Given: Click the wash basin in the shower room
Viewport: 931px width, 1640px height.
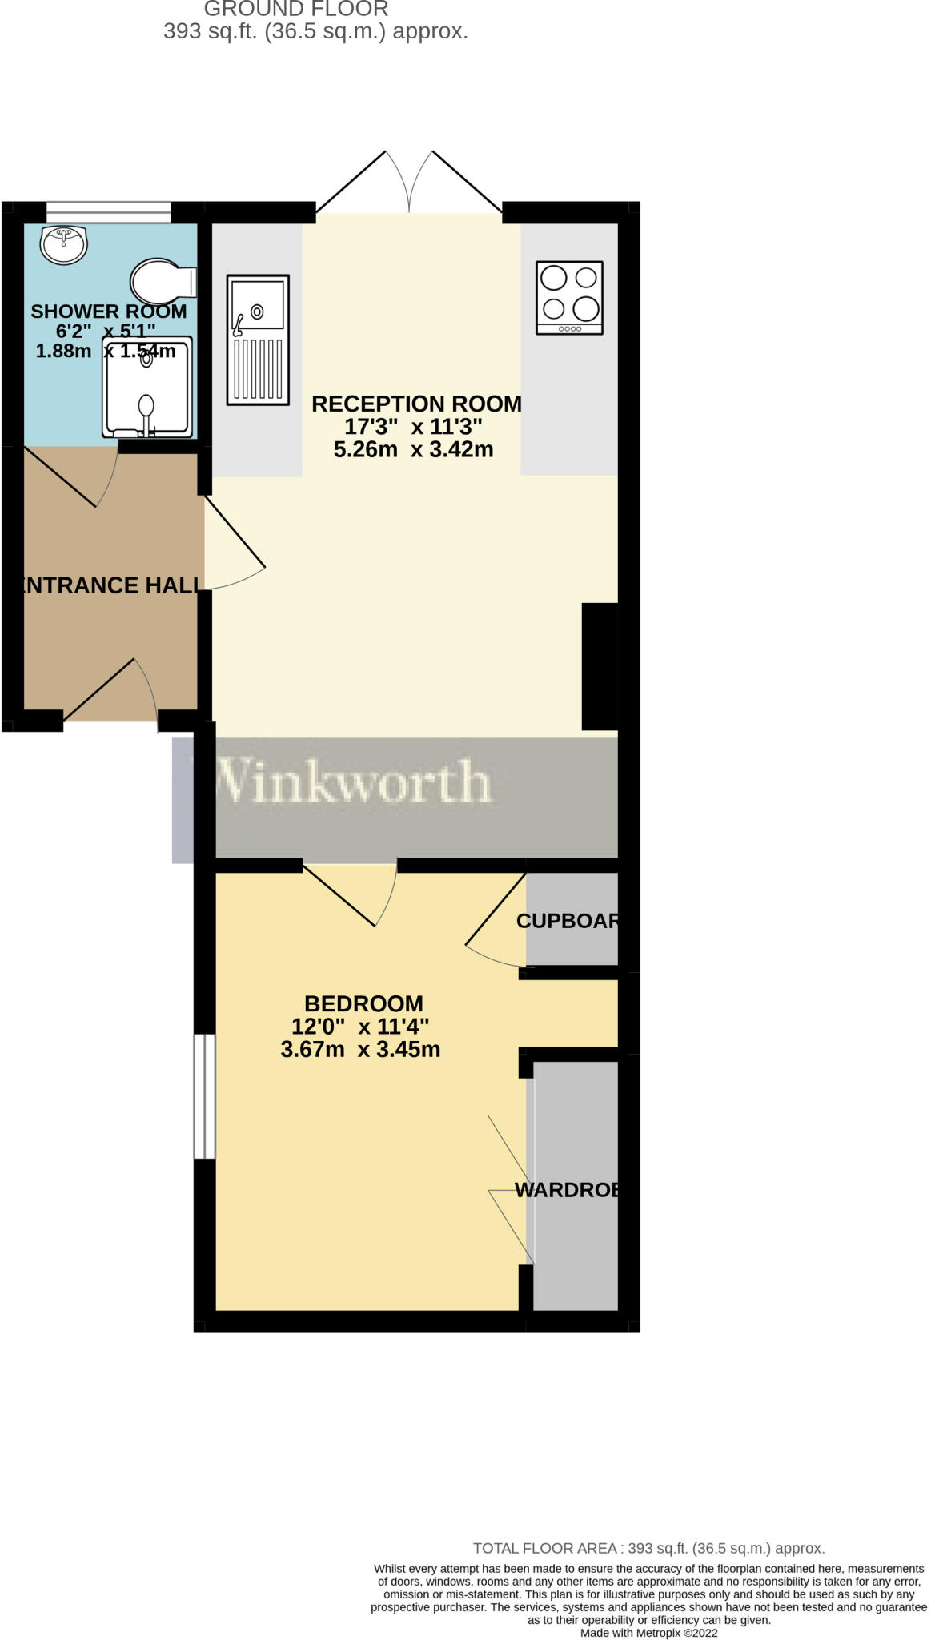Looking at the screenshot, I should (64, 244).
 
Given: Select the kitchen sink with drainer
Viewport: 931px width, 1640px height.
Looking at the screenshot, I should (258, 340).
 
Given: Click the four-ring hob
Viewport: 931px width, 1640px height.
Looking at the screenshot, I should (569, 297).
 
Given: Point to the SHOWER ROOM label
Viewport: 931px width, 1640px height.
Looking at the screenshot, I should (108, 311).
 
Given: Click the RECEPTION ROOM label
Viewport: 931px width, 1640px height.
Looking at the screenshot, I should (415, 404).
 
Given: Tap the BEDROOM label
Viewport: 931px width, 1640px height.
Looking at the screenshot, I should (363, 1003).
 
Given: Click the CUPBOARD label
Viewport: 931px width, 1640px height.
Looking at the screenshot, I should (567, 921).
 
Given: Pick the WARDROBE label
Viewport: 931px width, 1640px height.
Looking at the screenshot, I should (567, 1190).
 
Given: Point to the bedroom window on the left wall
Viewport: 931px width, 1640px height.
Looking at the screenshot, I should (205, 1096).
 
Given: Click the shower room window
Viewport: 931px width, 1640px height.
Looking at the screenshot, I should (108, 212).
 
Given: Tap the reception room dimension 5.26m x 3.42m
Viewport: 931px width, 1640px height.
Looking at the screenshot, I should (413, 449).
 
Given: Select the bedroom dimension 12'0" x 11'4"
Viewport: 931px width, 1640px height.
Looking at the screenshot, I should (360, 1027).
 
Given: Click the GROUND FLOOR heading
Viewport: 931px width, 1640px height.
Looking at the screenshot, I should (296, 10).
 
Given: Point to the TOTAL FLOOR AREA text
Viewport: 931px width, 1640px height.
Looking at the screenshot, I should (648, 1548).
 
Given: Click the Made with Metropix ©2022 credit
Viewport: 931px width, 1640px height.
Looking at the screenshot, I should (648, 1633).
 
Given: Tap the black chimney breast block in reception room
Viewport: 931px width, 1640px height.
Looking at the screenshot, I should (599, 666).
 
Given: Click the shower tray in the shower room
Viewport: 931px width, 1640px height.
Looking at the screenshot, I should (147, 388).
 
